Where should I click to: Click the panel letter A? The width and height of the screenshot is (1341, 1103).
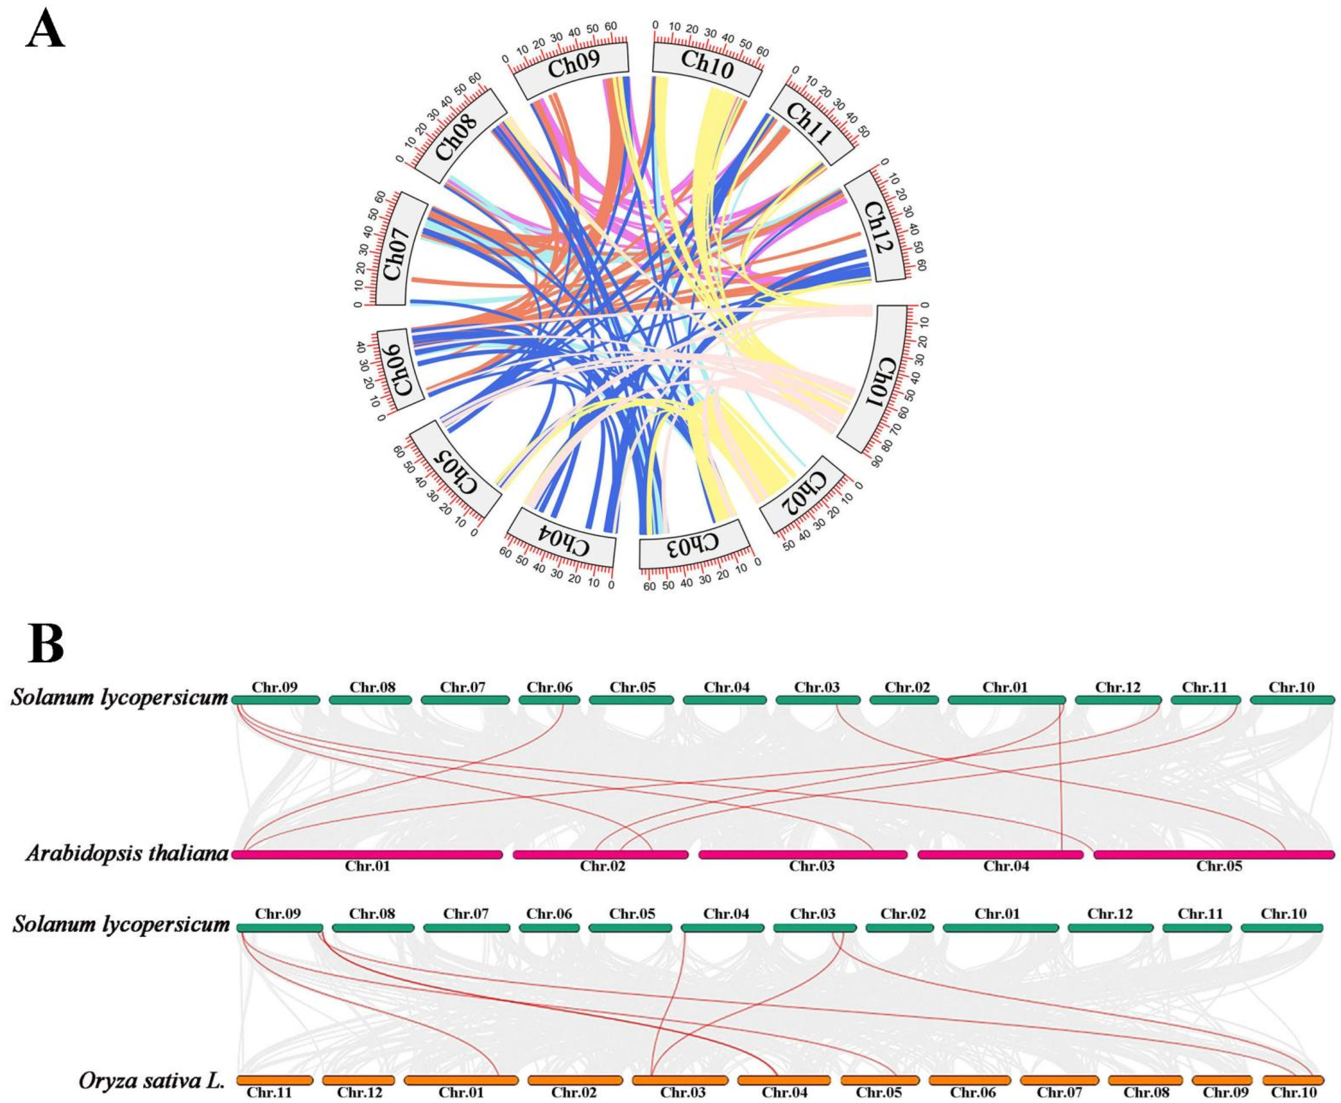(x=45, y=29)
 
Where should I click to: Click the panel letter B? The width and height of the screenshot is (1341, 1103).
(x=46, y=643)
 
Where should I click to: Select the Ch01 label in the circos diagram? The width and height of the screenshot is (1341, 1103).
(x=879, y=379)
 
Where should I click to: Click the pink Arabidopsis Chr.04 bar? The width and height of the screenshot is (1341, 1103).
(x=1001, y=855)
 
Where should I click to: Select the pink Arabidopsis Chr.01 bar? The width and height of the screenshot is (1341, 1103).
(x=367, y=855)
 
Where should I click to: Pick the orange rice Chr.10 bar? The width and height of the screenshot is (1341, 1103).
(x=1293, y=1080)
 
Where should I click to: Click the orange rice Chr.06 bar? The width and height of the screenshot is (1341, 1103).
(x=970, y=1080)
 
